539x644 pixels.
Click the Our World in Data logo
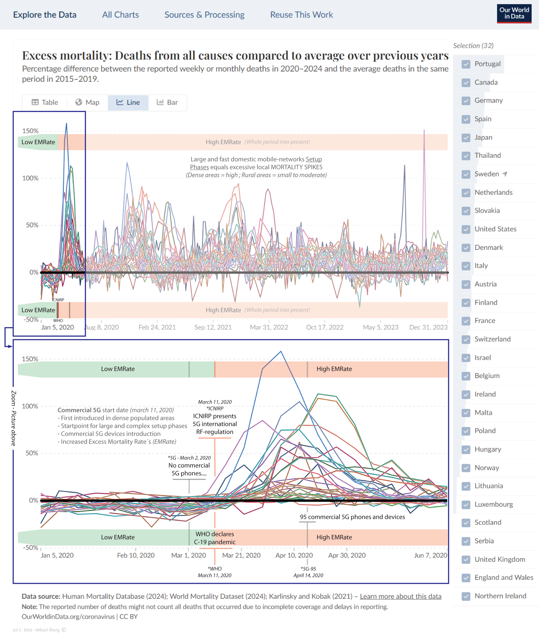pyautogui.click(x=514, y=14)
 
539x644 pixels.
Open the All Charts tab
pyautogui.click(x=120, y=15)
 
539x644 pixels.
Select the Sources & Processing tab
pyautogui.click(x=205, y=15)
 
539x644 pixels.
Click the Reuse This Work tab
pyautogui.click(x=301, y=15)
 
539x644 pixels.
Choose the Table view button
pyautogui.click(x=45, y=103)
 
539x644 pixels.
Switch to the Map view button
pyautogui.click(x=87, y=103)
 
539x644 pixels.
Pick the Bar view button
pyautogui.click(x=167, y=103)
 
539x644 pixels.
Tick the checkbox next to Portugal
pyautogui.click(x=466, y=64)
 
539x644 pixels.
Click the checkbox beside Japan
pyautogui.click(x=466, y=137)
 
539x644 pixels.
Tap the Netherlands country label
pyautogui.click(x=493, y=192)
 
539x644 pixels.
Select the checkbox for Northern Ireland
pyautogui.click(x=466, y=596)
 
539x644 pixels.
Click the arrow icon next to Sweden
pyautogui.click(x=505, y=174)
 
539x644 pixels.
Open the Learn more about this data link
pyautogui.click(x=400, y=596)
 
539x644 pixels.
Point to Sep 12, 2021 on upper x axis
pyautogui.click(x=213, y=327)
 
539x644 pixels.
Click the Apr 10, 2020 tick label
pyautogui.click(x=294, y=555)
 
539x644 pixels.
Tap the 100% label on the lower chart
pyautogui.click(x=30, y=406)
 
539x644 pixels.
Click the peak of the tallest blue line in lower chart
pyautogui.click(x=281, y=351)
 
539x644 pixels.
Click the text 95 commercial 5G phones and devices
pyautogui.click(x=352, y=517)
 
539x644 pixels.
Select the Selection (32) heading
pyautogui.click(x=473, y=46)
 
